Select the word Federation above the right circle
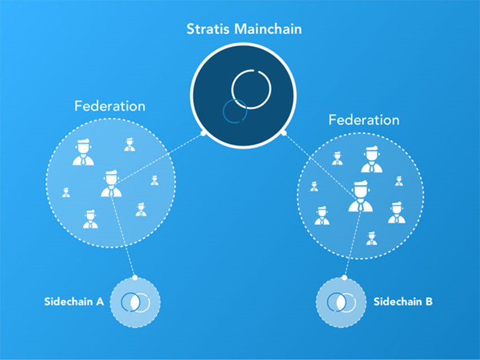(364, 120)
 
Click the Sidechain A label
(74, 301)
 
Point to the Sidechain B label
(403, 301)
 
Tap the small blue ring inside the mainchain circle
(232, 110)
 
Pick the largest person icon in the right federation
(359, 197)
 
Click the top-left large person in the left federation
(82, 153)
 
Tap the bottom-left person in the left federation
(90, 219)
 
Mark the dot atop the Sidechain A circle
(135, 277)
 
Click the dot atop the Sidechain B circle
(341, 277)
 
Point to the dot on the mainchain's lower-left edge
(203, 133)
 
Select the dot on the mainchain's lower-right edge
(283, 132)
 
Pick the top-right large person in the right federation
(372, 160)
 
